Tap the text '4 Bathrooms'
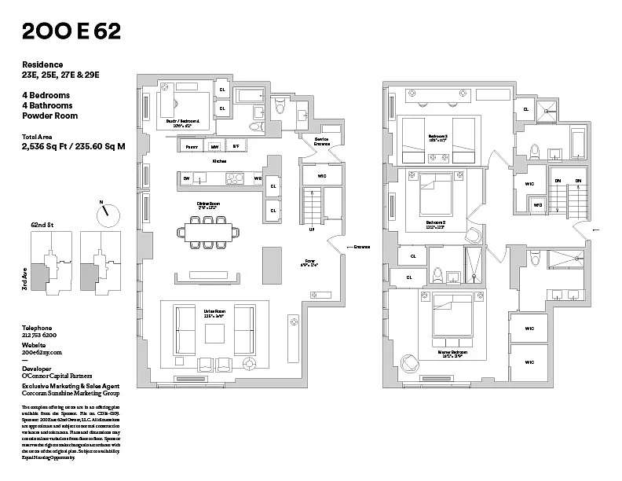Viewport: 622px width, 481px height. pos(47,105)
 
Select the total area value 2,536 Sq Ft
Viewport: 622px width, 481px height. pos(45,145)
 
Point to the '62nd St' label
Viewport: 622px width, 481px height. pos(42,224)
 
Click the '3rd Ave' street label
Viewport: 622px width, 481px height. pos(24,277)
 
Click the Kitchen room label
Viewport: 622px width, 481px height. pos(219,161)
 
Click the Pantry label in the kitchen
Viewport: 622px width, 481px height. pos(191,146)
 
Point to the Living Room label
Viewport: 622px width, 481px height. pos(214,294)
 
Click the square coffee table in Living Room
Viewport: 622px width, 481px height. pos(214,333)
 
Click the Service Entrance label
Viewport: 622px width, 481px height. pos(322,142)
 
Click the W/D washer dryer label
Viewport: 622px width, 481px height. pos(537,205)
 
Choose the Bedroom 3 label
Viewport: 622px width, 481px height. pos(437,137)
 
